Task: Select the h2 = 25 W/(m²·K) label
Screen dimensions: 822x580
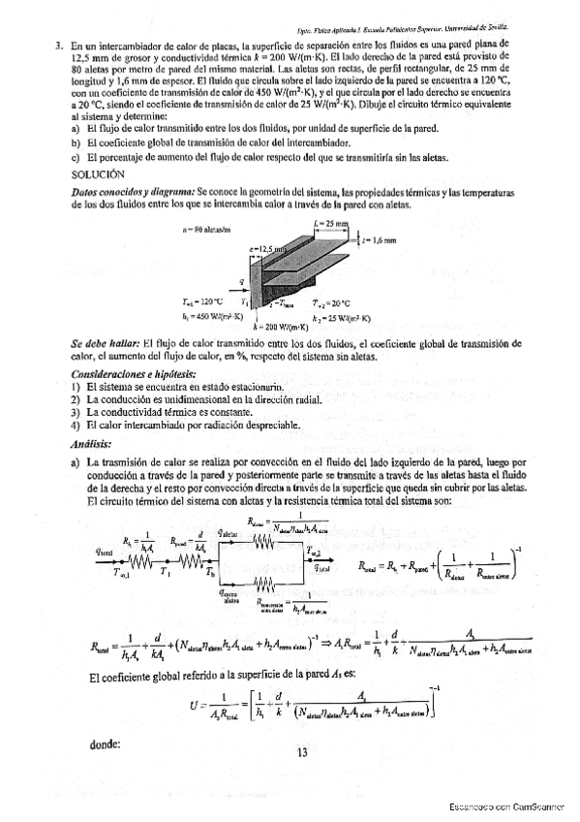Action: [x=342, y=317]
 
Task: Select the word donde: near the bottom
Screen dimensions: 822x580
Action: [x=104, y=744]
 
